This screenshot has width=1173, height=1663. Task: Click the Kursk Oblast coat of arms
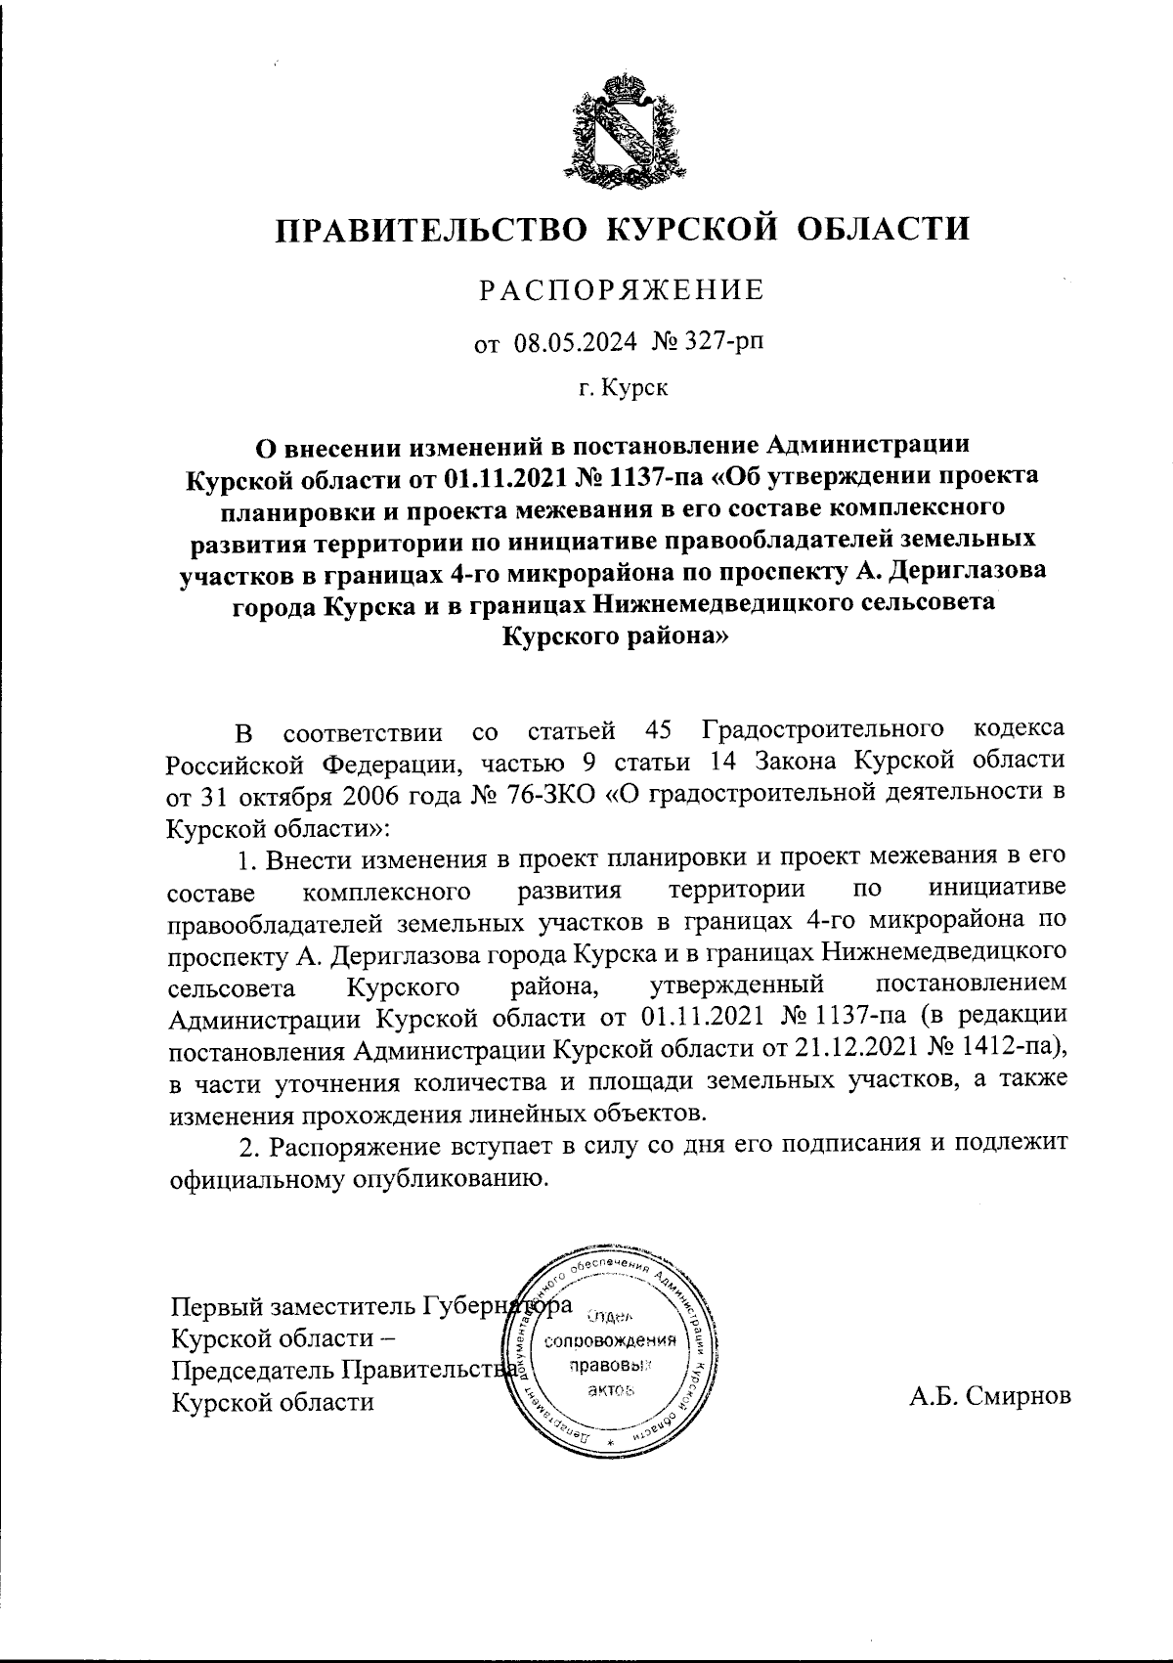click(x=622, y=131)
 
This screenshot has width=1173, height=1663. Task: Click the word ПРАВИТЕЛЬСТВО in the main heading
click(x=432, y=229)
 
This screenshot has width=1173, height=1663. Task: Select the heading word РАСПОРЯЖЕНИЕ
click(x=621, y=290)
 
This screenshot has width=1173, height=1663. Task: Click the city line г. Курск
click(x=623, y=390)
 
